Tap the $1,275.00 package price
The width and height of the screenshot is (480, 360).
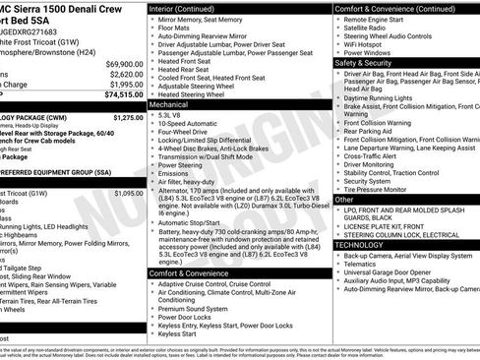coord(128,117)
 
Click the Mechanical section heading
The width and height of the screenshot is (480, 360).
coord(169,102)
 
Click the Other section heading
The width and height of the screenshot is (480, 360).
coord(344,200)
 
